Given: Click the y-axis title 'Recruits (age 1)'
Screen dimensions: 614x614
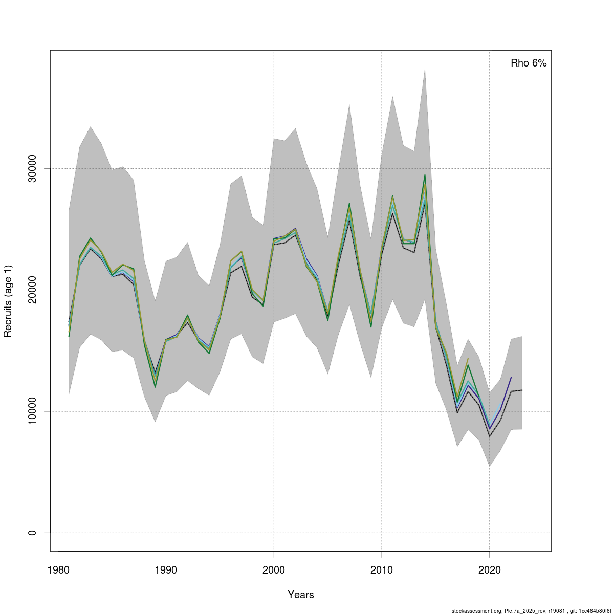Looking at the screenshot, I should point(8,301).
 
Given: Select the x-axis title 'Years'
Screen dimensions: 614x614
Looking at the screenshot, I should point(301,595).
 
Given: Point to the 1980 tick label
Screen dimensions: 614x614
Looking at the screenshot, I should point(58,569).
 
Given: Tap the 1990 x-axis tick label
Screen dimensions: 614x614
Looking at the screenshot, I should point(166,569).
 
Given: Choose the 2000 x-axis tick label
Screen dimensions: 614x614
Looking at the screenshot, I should point(274,569).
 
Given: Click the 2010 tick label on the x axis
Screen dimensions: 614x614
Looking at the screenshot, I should point(382,569).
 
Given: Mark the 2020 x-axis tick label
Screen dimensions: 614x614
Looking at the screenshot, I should point(490,569).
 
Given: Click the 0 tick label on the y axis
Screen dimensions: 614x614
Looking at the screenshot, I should point(32,533).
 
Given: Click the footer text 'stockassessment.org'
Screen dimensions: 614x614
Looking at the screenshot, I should point(474,611).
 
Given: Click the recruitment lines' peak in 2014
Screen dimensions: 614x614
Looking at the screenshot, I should point(425,176).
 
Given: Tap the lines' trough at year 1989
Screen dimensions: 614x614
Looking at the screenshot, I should point(155,386).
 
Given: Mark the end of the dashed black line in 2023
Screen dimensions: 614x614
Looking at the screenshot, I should point(522,390).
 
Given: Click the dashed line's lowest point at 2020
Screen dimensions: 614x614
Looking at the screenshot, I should point(490,436).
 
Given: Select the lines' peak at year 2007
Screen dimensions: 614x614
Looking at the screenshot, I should point(349,204).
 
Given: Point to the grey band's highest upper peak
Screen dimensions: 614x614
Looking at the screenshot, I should point(425,69).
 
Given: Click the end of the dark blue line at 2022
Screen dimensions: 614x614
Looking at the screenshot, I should point(511,377).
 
